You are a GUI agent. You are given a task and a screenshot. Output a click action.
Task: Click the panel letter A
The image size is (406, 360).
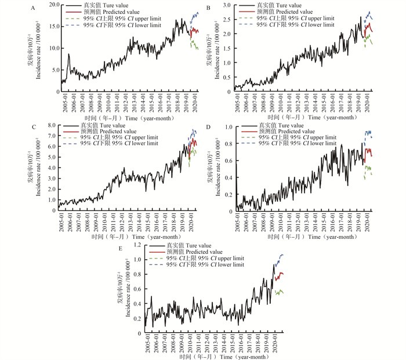[x=34, y=8]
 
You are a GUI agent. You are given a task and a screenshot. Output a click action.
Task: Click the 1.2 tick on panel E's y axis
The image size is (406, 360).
[x=139, y=245]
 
